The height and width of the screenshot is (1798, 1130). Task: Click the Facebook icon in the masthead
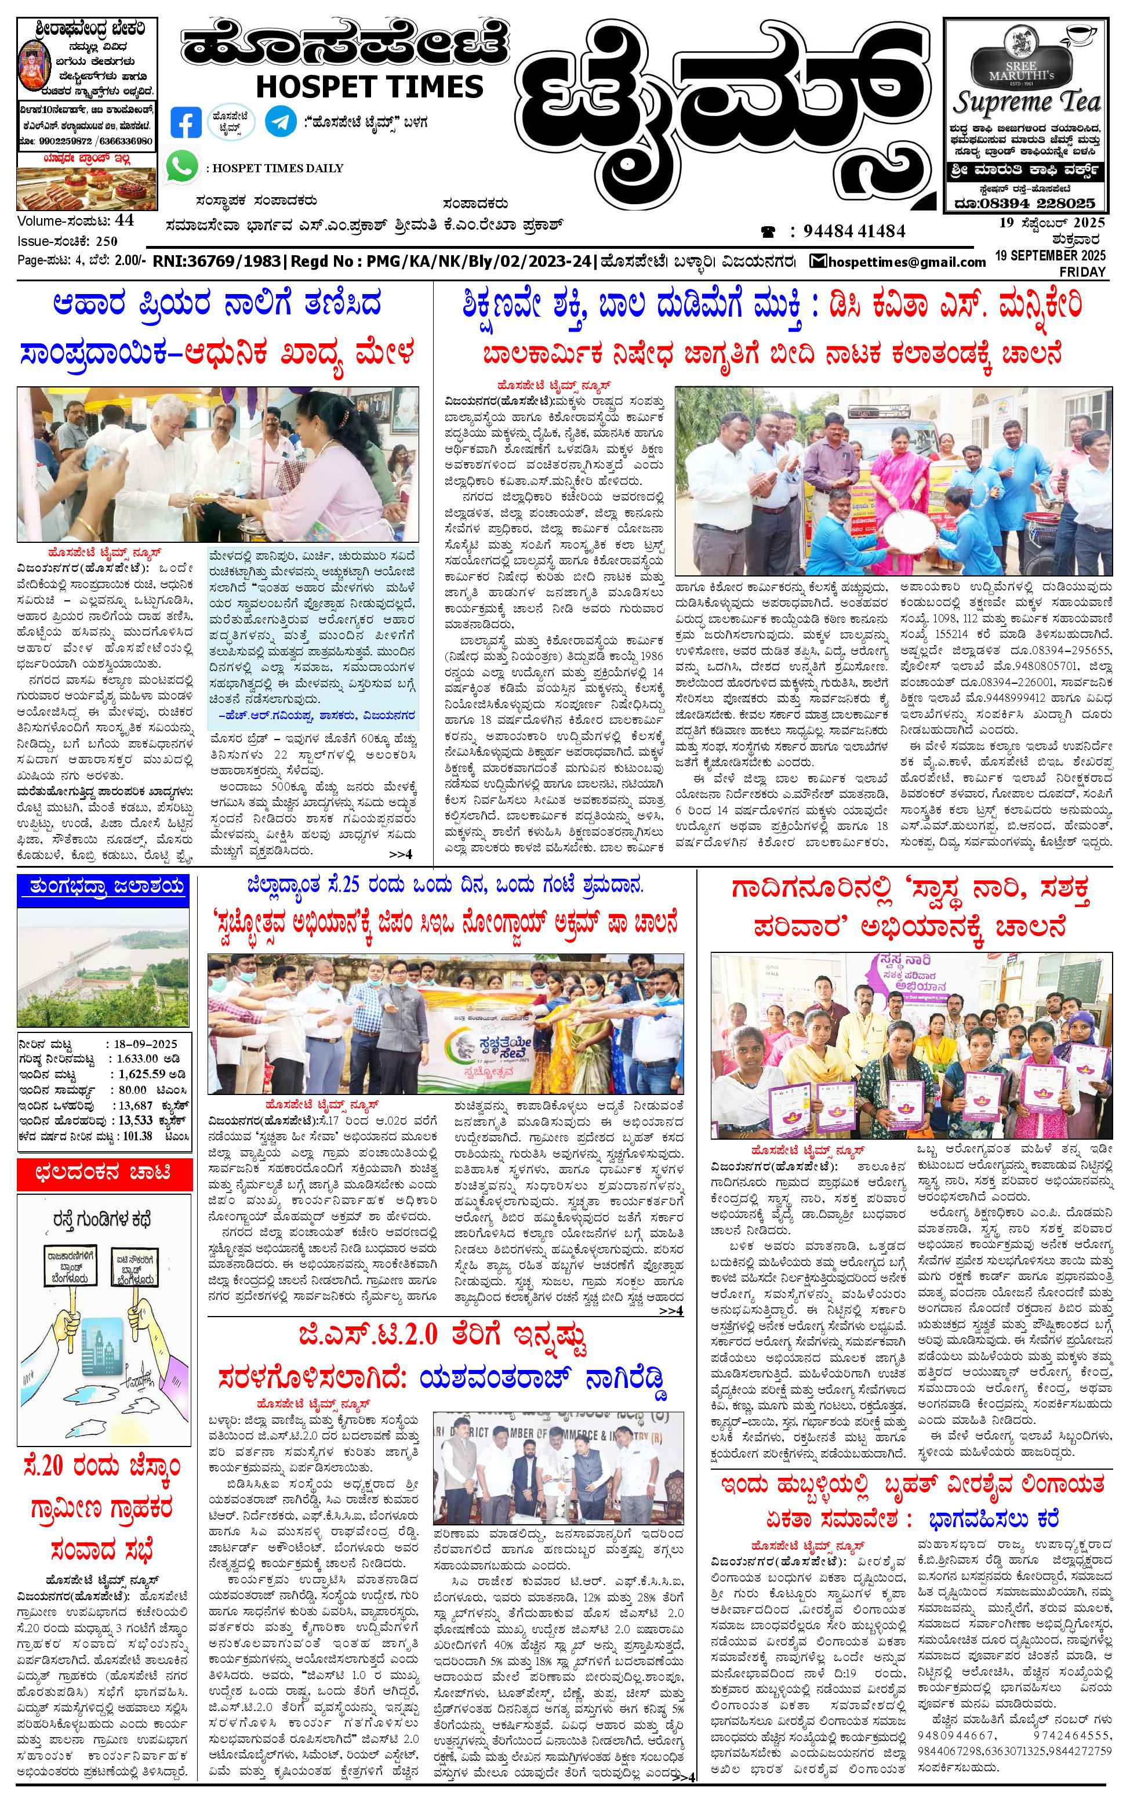[186, 122]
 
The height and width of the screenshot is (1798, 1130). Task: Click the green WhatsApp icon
[183, 166]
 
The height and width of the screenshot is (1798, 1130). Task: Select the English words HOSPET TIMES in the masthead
[369, 86]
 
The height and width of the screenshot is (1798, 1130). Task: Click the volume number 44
[125, 220]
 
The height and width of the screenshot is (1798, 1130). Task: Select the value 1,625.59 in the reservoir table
[142, 1074]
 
